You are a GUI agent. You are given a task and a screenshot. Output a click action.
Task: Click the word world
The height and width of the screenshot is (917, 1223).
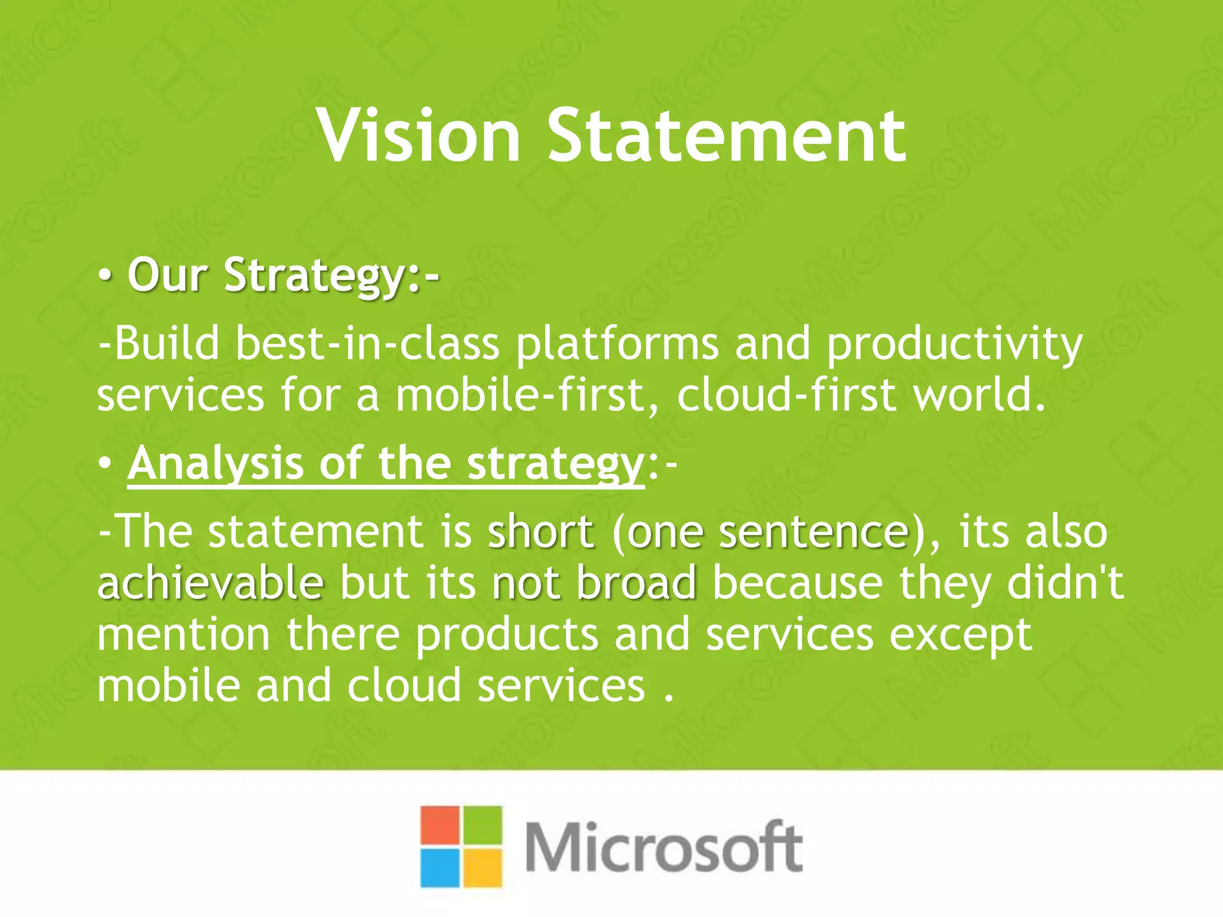coord(979,396)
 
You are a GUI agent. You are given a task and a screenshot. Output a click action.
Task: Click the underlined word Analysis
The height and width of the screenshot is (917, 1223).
coord(216,465)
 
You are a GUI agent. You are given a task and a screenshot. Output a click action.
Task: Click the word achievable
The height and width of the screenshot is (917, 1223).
coord(211,583)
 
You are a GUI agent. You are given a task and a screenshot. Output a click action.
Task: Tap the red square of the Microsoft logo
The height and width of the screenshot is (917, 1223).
coord(440,825)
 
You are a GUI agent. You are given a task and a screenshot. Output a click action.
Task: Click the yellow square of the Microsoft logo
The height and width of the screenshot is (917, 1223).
coord(483,867)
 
